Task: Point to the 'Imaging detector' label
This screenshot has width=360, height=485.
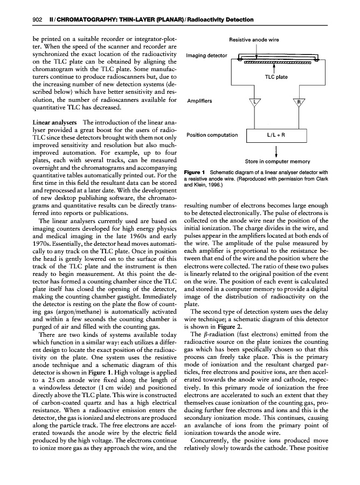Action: coord(206,56)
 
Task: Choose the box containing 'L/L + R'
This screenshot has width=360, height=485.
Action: coord(276,135)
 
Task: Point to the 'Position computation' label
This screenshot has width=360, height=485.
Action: coord(212,135)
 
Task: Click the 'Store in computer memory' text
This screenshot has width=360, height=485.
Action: coord(277,161)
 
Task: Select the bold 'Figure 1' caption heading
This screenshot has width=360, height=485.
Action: coord(196,172)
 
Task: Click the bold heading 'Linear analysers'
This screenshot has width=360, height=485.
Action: coord(51,123)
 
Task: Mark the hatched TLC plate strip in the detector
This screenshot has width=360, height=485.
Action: coord(278,62)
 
